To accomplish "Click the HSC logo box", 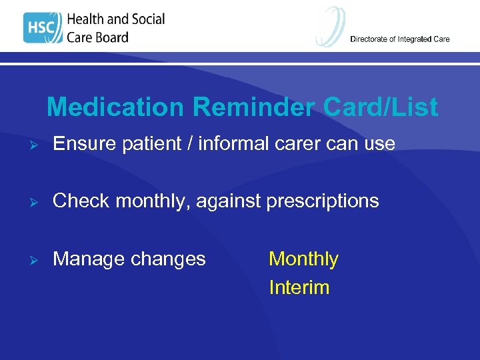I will coord(43,28).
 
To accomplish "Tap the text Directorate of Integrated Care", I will coord(400,39).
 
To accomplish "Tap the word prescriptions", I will coord(323,201).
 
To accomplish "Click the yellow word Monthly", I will coord(303,259).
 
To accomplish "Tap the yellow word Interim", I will coord(299,287).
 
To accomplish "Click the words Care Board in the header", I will coord(97,37).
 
